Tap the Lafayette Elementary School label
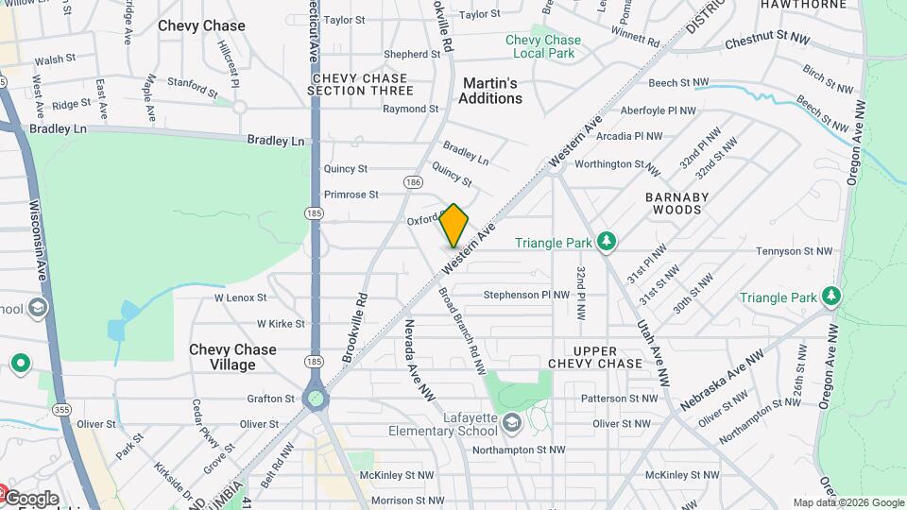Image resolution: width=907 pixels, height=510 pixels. coord(442,425)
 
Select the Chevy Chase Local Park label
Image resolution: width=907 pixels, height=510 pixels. coord(542,46)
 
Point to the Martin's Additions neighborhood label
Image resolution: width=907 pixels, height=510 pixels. coord(491,91)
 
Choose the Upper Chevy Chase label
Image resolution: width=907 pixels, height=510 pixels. coord(595,357)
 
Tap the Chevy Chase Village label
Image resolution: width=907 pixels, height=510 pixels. coord(232,356)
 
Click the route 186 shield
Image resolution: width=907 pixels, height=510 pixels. coord(412,181)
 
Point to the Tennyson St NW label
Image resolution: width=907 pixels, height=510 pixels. coord(796,251)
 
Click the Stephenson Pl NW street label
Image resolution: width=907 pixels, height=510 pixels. coord(526,295)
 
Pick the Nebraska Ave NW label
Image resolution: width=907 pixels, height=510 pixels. coord(722,381)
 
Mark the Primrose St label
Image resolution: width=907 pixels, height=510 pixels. coord(351,195)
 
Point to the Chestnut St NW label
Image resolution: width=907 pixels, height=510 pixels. coord(767,41)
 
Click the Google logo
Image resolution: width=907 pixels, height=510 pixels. coord(30,499)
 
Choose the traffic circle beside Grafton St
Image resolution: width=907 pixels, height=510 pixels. coord(316,398)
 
